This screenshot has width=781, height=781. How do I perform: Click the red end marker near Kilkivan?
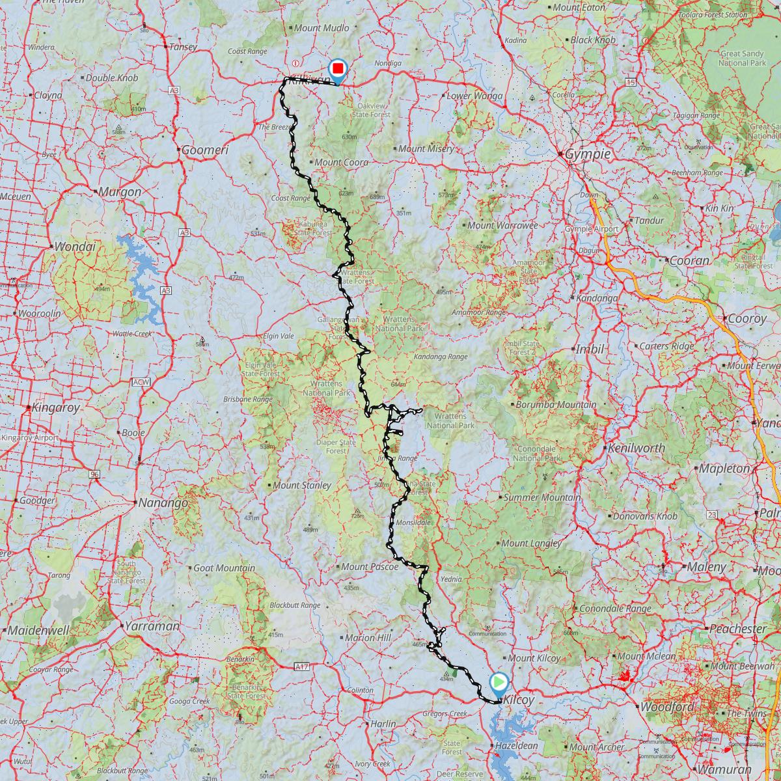(x=338, y=69)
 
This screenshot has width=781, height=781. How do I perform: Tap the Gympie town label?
(x=588, y=155)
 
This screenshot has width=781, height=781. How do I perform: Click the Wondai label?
(x=75, y=247)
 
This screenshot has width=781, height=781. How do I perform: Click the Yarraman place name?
(x=154, y=625)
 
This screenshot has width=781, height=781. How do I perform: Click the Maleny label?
(x=706, y=567)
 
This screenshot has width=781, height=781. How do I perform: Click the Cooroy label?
(x=747, y=319)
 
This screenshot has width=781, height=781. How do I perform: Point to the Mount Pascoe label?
(x=369, y=567)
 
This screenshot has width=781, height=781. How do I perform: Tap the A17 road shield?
(x=301, y=666)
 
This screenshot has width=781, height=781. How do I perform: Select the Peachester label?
(x=737, y=629)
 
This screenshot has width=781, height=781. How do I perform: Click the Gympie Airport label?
(x=591, y=228)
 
